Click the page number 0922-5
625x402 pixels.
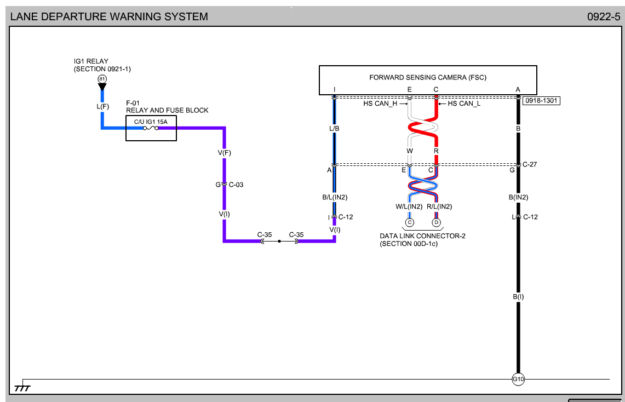pyautogui.click(x=604, y=16)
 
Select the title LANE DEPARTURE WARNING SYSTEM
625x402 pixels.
pyautogui.click(x=110, y=16)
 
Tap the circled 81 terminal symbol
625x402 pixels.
pyautogui.click(x=102, y=79)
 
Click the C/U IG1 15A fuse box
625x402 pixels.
pyautogui.click(x=151, y=129)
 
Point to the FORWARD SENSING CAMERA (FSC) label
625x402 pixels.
pyautogui.click(x=428, y=77)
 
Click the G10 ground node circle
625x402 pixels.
pyautogui.click(x=518, y=379)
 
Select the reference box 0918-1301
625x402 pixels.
pyautogui.click(x=542, y=101)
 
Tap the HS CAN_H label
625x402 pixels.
pyautogui.click(x=380, y=104)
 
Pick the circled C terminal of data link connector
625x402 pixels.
pyautogui.click(x=410, y=222)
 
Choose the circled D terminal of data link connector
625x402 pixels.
pyautogui.click(x=437, y=222)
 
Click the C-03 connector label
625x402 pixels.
pyautogui.click(x=236, y=185)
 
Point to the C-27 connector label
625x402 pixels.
pyautogui.click(x=530, y=164)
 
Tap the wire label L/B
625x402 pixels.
pyautogui.click(x=335, y=128)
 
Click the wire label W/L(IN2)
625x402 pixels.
pyautogui.click(x=409, y=206)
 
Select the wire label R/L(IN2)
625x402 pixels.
pyautogui.click(x=439, y=206)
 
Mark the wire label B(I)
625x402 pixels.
pyautogui.click(x=518, y=297)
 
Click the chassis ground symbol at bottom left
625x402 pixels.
pyautogui.click(x=22, y=387)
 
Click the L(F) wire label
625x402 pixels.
pyautogui.click(x=102, y=106)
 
